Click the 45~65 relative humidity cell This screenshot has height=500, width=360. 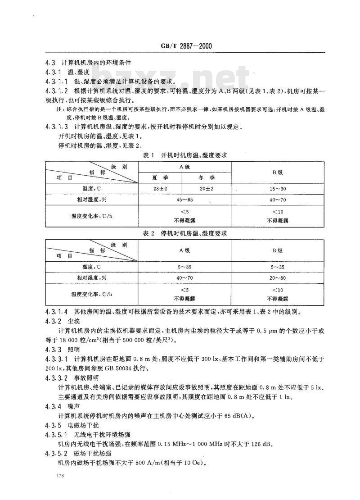pyautogui.click(x=184, y=200)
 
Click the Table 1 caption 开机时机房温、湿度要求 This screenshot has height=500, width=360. pyautogui.click(x=185, y=156)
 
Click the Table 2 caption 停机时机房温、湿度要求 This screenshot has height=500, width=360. pyautogui.click(x=185, y=233)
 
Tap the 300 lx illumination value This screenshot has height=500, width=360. pyautogui.click(x=202, y=359)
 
